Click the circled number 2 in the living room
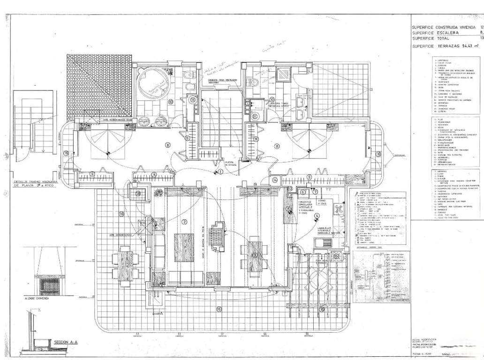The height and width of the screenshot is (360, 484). (x=184, y=222)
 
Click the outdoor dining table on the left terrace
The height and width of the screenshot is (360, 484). (x=124, y=266)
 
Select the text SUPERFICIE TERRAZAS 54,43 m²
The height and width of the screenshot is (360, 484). (x=446, y=46)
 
